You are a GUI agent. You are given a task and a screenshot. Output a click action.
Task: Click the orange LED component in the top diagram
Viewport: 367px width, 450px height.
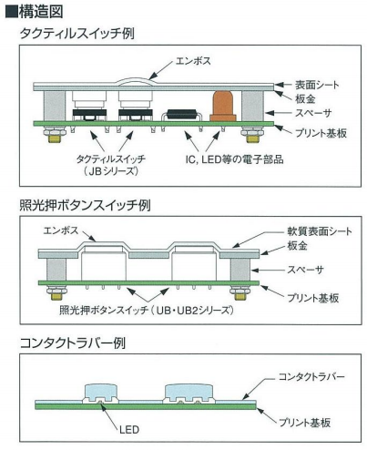tap(223, 106)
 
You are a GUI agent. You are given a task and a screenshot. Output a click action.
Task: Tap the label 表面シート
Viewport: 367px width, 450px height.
tap(317, 85)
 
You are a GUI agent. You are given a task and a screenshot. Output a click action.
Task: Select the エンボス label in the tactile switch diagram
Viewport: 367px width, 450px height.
tap(193, 61)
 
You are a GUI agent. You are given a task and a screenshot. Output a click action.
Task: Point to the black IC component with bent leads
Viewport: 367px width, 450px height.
tap(182, 115)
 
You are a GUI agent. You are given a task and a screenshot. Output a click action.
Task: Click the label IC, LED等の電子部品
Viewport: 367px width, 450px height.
tap(234, 159)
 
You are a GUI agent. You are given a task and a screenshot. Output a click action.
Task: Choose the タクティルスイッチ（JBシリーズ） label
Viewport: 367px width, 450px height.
tap(111, 165)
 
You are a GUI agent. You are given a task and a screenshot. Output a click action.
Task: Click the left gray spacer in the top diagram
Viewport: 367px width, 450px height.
tap(54, 106)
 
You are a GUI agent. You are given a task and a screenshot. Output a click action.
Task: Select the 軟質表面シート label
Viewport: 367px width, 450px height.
tap(320, 231)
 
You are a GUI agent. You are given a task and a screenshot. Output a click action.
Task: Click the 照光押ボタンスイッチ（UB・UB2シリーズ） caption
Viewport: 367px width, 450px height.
tap(147, 311)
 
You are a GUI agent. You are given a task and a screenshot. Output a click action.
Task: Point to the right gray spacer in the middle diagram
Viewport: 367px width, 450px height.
tap(240, 270)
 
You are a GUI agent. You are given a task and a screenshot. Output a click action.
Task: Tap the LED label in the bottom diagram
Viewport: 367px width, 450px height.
tap(129, 430)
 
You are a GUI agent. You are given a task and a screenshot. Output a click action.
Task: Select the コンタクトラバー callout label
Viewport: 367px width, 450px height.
tap(311, 377)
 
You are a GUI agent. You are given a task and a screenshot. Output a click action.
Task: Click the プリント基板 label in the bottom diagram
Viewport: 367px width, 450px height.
tap(304, 423)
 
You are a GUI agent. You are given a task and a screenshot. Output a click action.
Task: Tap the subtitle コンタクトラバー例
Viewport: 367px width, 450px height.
tap(73, 343)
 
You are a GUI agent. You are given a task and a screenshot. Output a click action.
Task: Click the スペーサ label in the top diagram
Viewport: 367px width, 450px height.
tap(313, 113)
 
